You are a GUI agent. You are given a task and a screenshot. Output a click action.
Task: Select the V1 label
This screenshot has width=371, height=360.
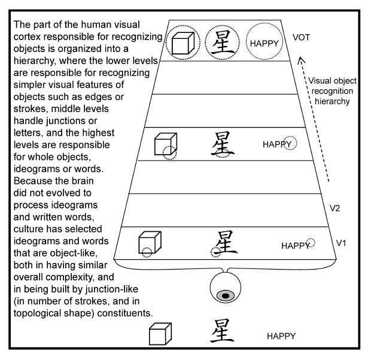click(341, 243)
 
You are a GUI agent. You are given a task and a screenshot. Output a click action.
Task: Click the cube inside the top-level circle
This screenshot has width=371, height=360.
click(182, 43)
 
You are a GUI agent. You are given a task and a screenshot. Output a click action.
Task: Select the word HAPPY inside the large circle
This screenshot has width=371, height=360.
click(264, 43)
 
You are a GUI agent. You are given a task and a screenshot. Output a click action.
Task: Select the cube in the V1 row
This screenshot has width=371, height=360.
click(147, 243)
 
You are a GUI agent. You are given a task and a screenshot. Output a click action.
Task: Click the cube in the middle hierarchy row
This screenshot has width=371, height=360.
click(163, 146)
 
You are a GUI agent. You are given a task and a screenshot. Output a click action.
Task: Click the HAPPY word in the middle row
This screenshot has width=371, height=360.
click(276, 144)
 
